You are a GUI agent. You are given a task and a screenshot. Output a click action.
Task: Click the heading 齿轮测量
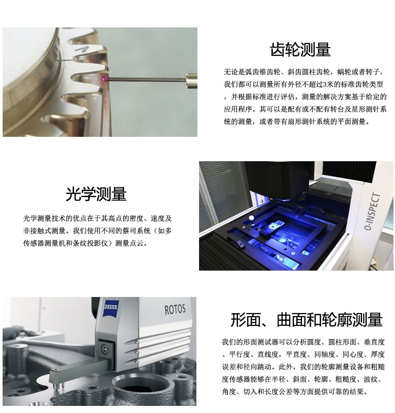point(300,50)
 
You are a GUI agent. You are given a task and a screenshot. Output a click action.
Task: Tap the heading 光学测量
point(96,194)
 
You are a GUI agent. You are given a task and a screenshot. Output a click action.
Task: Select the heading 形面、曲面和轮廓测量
point(306,319)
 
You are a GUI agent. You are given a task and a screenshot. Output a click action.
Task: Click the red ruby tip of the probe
point(106,79)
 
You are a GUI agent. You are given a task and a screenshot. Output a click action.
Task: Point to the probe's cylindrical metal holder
point(191,79)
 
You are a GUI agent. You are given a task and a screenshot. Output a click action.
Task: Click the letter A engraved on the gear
point(80,49)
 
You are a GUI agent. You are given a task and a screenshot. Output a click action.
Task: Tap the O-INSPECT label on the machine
point(372,212)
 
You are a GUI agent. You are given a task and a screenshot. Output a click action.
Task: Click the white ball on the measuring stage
point(252,218)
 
